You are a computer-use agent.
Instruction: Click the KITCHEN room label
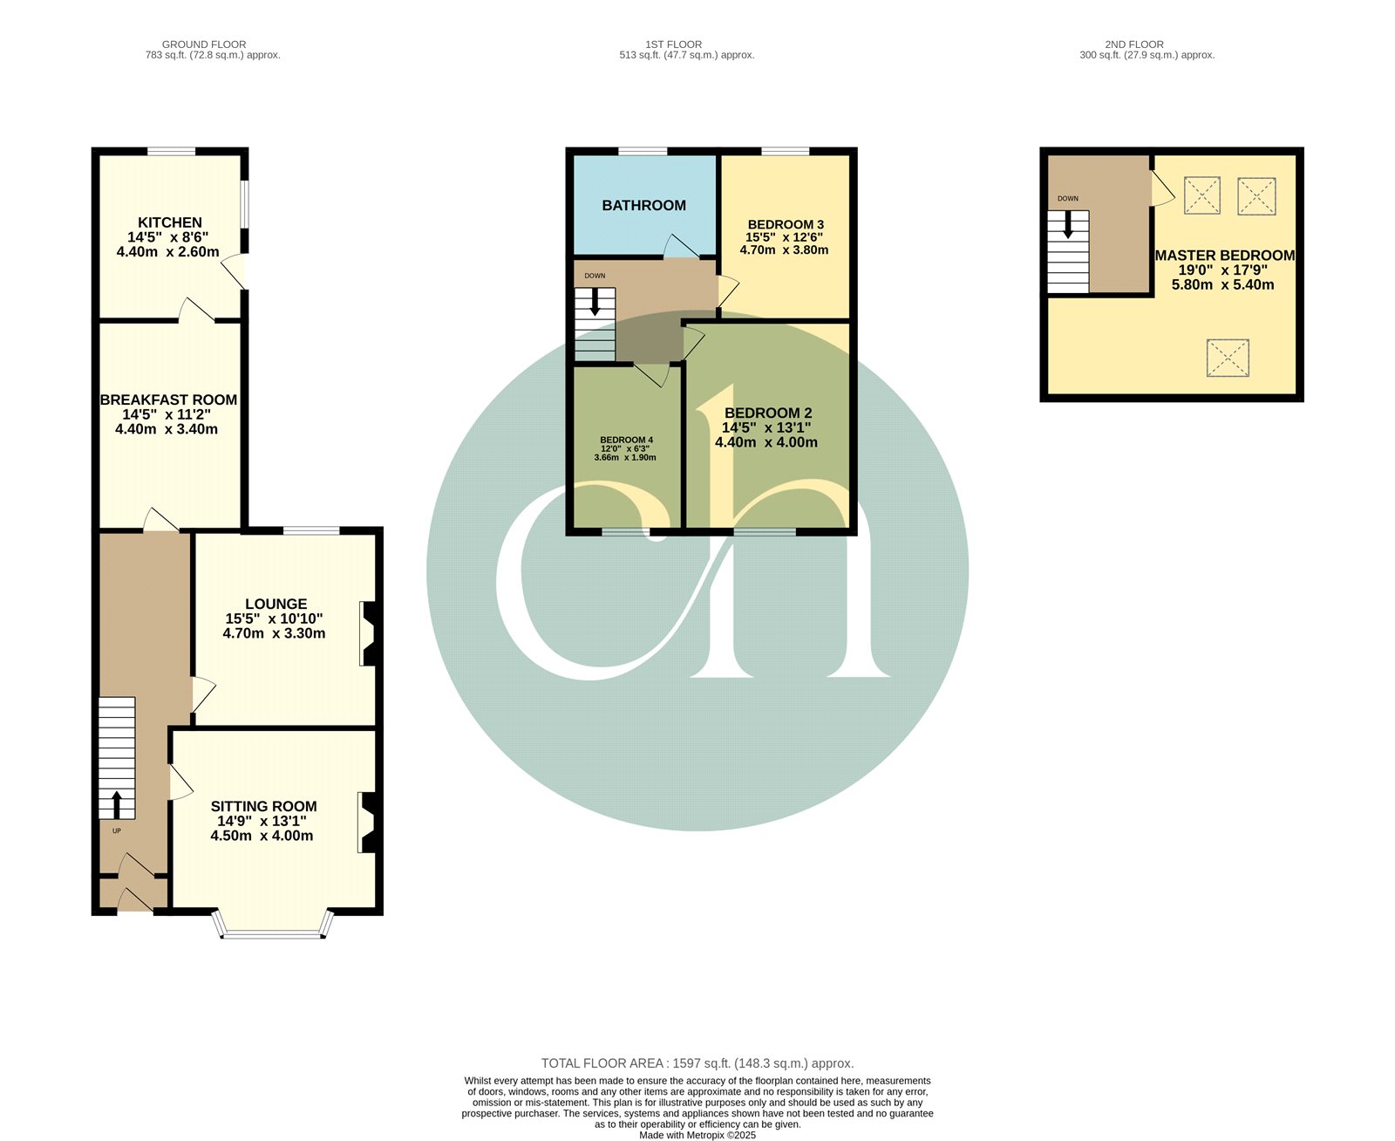click(169, 222)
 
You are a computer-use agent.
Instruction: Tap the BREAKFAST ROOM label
click(168, 400)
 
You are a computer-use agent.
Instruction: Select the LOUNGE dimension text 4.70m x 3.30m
click(274, 633)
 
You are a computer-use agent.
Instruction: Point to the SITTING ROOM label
click(263, 806)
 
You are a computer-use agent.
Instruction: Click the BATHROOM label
click(643, 205)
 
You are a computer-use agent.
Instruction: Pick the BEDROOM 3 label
click(786, 224)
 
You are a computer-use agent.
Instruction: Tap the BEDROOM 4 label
click(626, 440)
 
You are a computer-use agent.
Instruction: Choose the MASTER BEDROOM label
click(1224, 256)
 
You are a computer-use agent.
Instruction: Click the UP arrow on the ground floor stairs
click(117, 805)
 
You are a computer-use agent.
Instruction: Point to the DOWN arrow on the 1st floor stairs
click(595, 302)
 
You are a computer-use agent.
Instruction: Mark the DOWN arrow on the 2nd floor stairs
click(1067, 225)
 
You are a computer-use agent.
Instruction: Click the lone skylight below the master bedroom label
click(1228, 358)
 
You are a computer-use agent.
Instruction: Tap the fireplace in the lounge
click(369, 633)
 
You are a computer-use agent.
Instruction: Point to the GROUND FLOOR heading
click(204, 44)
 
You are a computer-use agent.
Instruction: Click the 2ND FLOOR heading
click(1133, 44)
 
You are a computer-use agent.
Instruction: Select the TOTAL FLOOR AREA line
click(697, 1063)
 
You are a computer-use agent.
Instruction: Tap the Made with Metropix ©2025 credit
click(697, 1135)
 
